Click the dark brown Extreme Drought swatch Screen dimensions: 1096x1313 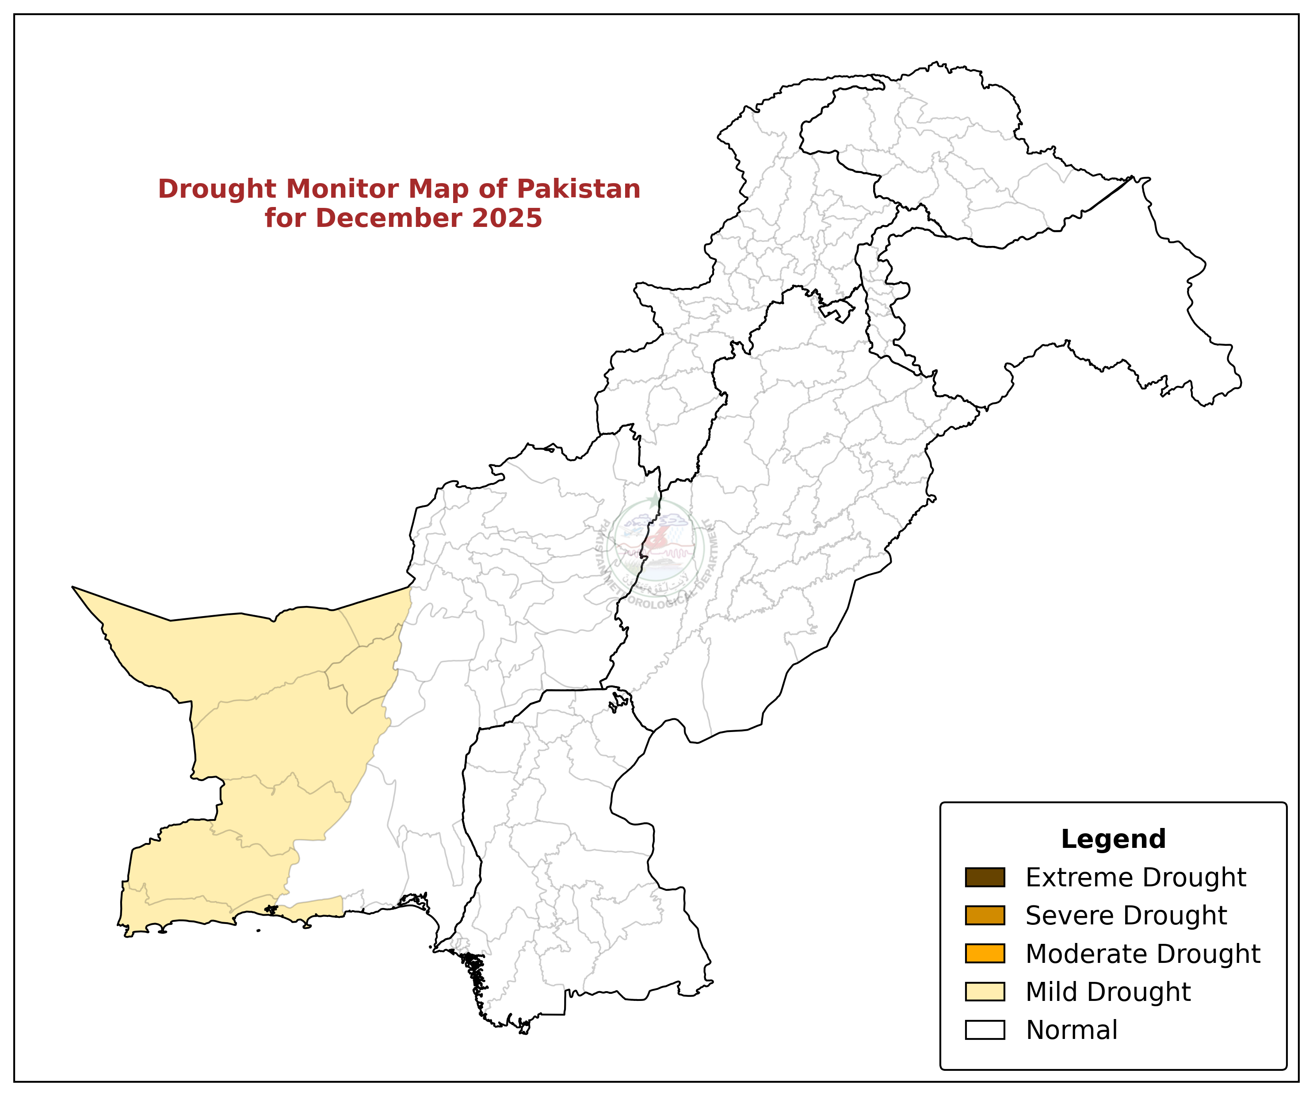click(x=985, y=878)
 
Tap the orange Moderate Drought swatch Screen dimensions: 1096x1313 click(x=985, y=954)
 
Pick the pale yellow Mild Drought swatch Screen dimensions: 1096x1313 click(x=985, y=992)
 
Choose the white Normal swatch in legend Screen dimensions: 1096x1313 click(x=985, y=1030)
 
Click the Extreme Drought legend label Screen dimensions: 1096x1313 click(x=1136, y=878)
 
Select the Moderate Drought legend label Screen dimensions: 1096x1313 click(x=1143, y=954)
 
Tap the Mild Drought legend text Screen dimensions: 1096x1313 click(x=1108, y=992)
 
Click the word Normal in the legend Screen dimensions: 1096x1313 click(x=1072, y=1030)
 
